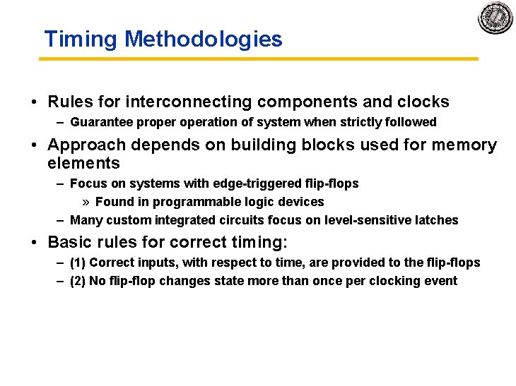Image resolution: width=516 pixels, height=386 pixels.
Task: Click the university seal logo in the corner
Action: coord(495,18)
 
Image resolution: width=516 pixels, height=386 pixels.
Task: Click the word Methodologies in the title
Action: coord(203,40)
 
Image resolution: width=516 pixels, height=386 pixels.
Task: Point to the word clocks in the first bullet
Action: coord(422,102)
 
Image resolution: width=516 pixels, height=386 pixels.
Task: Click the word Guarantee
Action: coord(100,122)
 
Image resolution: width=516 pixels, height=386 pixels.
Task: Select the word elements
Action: coord(83,163)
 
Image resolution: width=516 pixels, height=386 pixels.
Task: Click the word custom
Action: coord(122,220)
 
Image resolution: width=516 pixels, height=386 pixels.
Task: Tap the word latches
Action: coord(438,220)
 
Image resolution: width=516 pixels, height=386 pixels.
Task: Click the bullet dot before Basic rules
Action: coord(35,243)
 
